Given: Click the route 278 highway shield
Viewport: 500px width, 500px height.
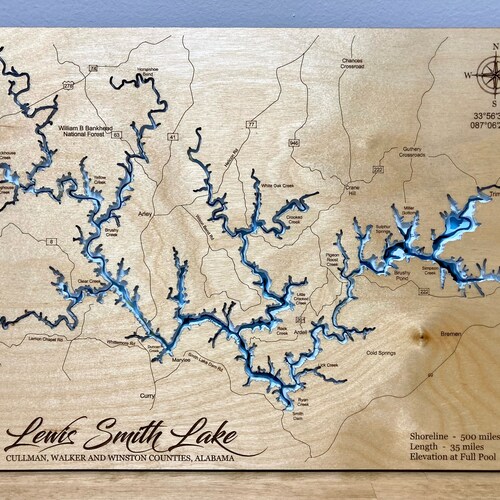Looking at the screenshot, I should tap(69, 87).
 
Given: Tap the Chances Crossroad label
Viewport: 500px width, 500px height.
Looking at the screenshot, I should tap(351, 63).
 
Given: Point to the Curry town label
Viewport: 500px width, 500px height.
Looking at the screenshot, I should tap(148, 397).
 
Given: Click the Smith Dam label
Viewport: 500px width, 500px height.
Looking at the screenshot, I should tap(298, 413).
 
